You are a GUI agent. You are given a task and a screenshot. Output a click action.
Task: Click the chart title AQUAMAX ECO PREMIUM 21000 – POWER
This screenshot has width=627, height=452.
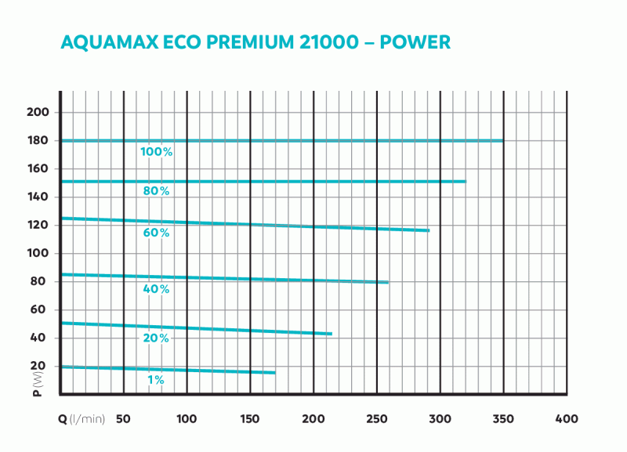tap(256, 42)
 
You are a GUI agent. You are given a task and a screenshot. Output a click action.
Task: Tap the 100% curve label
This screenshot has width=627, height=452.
tap(157, 151)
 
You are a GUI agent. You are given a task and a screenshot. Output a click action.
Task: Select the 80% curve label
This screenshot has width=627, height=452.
tap(157, 191)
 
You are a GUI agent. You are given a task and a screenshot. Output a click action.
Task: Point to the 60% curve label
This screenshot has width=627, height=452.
tap(157, 233)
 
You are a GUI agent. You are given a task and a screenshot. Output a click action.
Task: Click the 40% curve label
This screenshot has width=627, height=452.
tap(157, 289)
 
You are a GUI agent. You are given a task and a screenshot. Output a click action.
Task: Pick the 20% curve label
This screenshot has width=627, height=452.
tap(157, 338)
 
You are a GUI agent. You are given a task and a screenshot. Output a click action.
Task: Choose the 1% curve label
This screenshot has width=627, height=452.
tap(156, 380)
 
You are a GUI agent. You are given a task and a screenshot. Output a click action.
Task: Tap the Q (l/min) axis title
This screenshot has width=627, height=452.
tap(81, 419)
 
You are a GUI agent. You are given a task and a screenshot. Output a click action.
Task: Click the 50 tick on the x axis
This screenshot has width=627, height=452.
tap(123, 419)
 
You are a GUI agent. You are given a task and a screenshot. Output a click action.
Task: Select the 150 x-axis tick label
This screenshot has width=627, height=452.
tap(250, 419)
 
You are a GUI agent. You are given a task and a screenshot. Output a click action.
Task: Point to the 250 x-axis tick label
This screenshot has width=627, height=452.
tap(377, 419)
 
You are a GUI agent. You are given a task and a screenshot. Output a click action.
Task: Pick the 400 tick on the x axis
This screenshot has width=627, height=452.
tap(567, 419)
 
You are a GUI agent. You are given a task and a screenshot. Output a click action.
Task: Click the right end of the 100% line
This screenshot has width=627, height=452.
tap(503, 140)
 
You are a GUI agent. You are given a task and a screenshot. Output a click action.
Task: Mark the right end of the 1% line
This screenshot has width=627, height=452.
tap(275, 373)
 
